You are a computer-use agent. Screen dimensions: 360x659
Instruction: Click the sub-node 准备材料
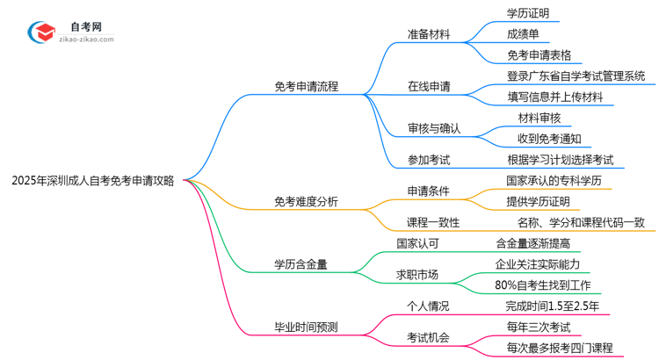429,35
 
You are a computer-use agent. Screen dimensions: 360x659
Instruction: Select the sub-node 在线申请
429,87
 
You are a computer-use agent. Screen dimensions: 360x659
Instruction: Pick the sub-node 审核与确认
435,128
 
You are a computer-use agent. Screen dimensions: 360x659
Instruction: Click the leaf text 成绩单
523,35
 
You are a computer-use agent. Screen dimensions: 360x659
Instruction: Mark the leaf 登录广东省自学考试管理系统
576,76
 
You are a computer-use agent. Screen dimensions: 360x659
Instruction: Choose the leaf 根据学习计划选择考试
565,160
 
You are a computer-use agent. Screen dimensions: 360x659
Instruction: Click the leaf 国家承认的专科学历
553,181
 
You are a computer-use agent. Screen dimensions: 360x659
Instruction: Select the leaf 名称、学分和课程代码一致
581,222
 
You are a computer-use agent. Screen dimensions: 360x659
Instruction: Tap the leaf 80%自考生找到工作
542,284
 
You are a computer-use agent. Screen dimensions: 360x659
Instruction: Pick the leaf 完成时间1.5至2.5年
553,306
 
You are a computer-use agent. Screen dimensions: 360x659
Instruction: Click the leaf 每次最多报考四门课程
560,348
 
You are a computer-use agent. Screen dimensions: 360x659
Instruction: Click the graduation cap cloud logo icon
42,32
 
